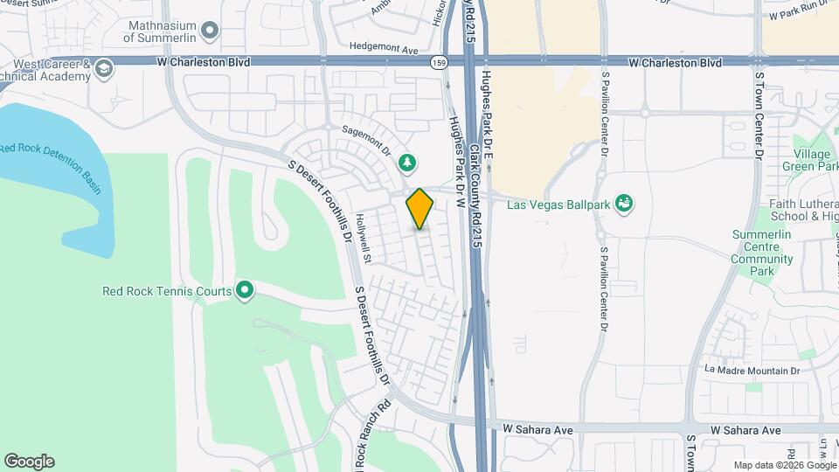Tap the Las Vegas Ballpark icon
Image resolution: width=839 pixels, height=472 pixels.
(624, 204)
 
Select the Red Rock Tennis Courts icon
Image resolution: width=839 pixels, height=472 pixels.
(246, 290)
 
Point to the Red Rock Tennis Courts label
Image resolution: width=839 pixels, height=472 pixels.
(167, 291)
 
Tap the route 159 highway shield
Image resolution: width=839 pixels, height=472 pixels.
(439, 63)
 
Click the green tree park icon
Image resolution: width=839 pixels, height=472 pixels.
(406, 162)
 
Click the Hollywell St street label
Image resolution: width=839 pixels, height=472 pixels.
(364, 239)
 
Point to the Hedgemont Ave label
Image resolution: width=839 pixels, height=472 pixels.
(384, 49)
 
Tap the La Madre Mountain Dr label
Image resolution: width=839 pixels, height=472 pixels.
(752, 371)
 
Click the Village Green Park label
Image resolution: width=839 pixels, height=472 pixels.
(812, 160)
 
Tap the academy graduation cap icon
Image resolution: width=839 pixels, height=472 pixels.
(104, 68)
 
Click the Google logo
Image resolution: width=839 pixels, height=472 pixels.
(29, 462)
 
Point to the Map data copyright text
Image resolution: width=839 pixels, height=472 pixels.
(784, 465)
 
